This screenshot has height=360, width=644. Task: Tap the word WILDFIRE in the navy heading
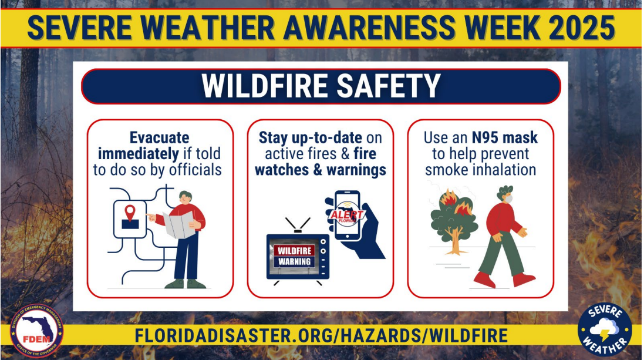tap(265, 86)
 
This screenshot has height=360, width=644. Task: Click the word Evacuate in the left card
tap(159, 137)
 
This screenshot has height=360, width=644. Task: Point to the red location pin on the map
tap(130, 212)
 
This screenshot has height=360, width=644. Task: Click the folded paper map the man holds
tap(179, 224)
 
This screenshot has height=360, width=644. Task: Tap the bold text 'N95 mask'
tap(505, 137)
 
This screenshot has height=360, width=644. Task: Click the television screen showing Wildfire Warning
tap(295, 255)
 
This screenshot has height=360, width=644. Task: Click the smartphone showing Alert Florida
tap(348, 216)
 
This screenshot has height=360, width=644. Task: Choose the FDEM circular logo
tap(36, 331)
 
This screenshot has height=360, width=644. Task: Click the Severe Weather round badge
tap(605, 329)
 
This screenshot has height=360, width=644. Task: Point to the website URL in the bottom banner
tap(321, 336)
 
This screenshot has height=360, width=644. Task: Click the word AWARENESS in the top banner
tap(369, 28)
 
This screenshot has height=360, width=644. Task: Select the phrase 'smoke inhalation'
tap(481, 170)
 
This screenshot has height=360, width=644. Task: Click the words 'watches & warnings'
tap(321, 170)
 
